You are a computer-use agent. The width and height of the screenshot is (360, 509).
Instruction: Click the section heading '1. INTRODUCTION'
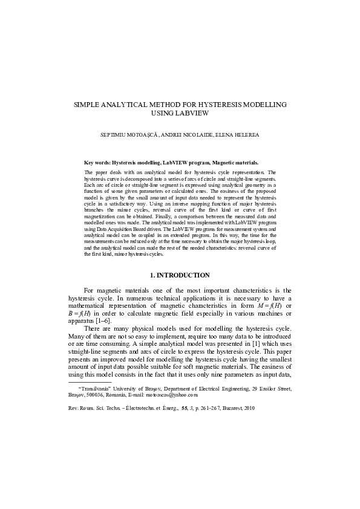click(180, 275)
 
